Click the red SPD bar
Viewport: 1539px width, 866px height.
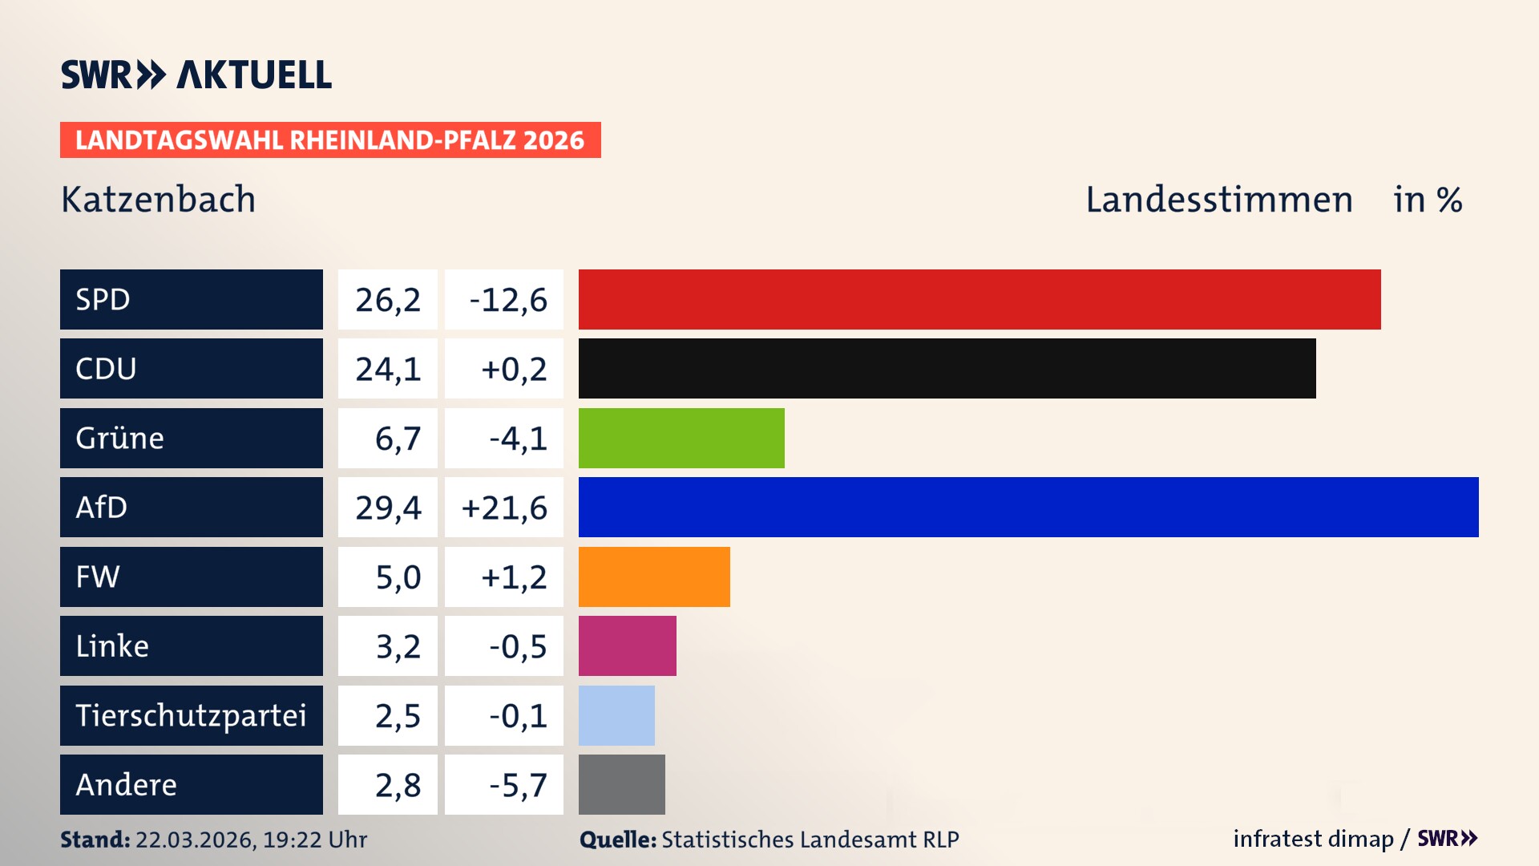click(980, 299)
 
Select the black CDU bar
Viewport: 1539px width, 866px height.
click(947, 368)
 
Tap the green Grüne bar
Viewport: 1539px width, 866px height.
click(681, 438)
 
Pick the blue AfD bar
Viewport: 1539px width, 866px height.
click(1028, 507)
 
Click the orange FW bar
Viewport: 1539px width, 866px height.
click(654, 577)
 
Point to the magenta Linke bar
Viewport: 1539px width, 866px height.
click(627, 645)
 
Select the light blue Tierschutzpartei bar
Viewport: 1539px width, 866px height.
click(616, 715)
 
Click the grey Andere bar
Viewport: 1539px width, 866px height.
click(621, 784)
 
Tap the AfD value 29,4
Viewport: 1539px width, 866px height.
click(388, 508)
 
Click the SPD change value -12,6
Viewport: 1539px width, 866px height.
click(507, 300)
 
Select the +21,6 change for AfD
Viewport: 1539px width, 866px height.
click(504, 508)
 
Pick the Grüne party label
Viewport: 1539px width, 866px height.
click(120, 438)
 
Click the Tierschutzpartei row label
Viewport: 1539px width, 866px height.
click(191, 715)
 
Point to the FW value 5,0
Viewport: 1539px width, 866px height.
click(398, 577)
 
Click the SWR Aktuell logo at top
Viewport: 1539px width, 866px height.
click(196, 75)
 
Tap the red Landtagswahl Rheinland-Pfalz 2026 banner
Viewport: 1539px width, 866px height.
click(330, 140)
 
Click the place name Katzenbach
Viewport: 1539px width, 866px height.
click(159, 200)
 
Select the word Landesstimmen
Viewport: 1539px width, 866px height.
click(1218, 200)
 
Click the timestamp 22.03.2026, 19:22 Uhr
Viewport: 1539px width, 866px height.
click(251, 840)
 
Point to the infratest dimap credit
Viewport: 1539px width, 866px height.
click(1312, 839)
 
